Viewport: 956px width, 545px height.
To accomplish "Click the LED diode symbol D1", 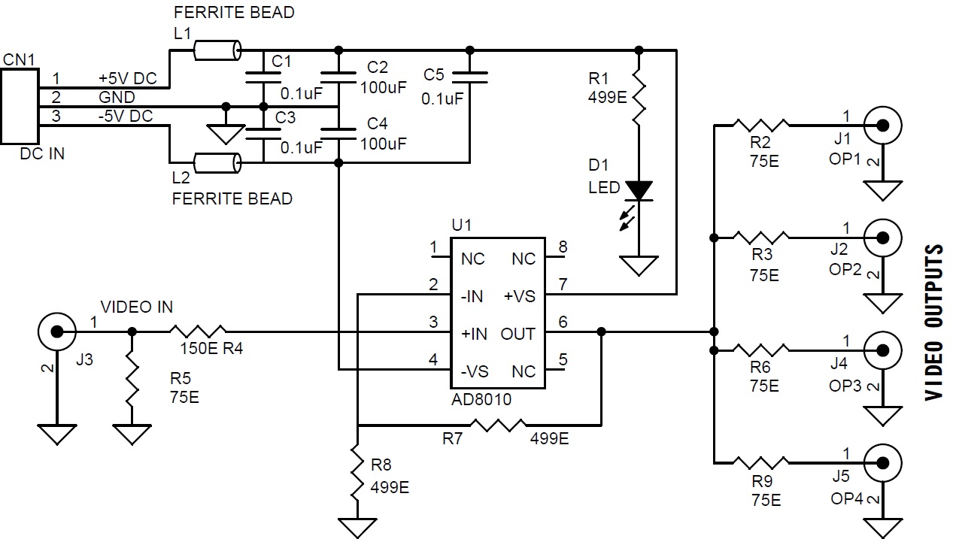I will click(x=639, y=192).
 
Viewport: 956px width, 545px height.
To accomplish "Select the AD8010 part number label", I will click(x=481, y=400).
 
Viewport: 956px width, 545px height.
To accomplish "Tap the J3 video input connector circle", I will click(x=55, y=331).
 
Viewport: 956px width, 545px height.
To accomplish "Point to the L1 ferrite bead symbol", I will click(x=217, y=51).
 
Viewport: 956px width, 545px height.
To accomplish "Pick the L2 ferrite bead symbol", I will click(x=217, y=162).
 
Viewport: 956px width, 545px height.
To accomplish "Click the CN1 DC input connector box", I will click(x=20, y=106).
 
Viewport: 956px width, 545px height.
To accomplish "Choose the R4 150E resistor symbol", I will click(x=198, y=331).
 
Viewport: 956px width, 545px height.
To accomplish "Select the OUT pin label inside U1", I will click(x=518, y=334).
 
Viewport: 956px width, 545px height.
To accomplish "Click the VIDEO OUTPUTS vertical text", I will click(x=934, y=322).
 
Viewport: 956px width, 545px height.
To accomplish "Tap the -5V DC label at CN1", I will click(x=125, y=117).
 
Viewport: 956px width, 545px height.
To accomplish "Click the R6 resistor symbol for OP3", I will click(x=761, y=350).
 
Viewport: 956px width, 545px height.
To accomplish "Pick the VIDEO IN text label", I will click(x=137, y=307).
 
